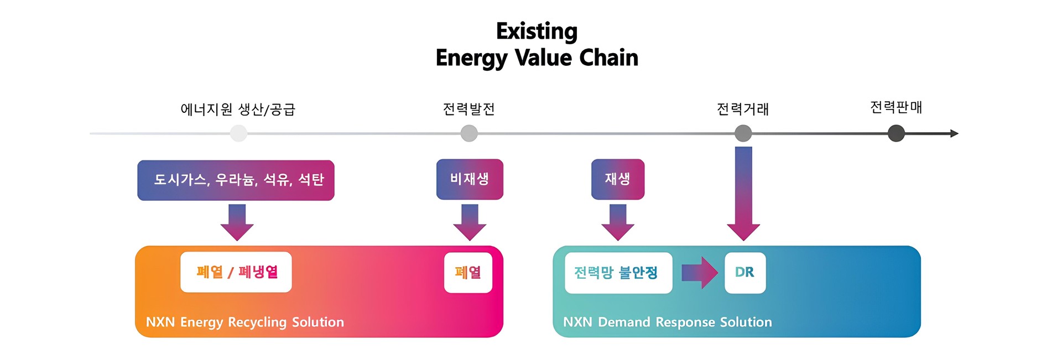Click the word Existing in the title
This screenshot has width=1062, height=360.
tap(537, 32)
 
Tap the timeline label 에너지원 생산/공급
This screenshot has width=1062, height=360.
tap(238, 109)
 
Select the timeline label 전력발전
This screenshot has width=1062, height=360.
tap(469, 109)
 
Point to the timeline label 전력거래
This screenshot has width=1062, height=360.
tap(743, 109)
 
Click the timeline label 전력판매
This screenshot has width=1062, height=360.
tap(896, 107)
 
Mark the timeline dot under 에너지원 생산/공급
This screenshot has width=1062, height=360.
tap(238, 133)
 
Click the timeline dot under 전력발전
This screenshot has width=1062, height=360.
tap(469, 133)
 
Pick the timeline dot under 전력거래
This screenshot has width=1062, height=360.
tap(743, 133)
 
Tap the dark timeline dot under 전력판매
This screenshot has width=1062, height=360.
tap(896, 133)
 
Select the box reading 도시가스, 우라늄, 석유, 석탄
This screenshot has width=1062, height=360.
tap(236, 180)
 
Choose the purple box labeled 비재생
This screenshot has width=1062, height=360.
tap(470, 179)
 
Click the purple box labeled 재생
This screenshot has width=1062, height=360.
tap(618, 179)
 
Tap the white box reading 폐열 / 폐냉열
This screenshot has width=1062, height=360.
tap(236, 272)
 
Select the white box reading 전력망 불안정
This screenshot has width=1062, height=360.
tap(618, 273)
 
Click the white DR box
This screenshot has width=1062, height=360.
tap(745, 273)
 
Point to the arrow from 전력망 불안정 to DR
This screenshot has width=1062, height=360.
tap(700, 273)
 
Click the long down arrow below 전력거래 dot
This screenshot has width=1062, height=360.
tap(743, 194)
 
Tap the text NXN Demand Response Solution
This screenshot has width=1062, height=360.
tap(668, 322)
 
